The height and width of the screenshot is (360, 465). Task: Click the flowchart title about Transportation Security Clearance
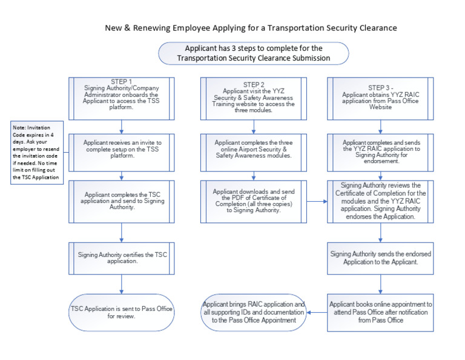251,28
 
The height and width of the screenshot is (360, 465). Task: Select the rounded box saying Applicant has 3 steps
254,53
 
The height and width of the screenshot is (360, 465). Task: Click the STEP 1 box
122,96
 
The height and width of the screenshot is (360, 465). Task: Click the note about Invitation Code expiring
38,152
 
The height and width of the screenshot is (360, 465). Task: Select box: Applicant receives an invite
122,147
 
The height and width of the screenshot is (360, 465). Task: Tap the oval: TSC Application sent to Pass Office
122,313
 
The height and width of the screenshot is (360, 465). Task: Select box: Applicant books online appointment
381,313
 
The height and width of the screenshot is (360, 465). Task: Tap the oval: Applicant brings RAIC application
254,313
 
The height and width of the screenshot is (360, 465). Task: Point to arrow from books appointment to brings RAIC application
318,313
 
